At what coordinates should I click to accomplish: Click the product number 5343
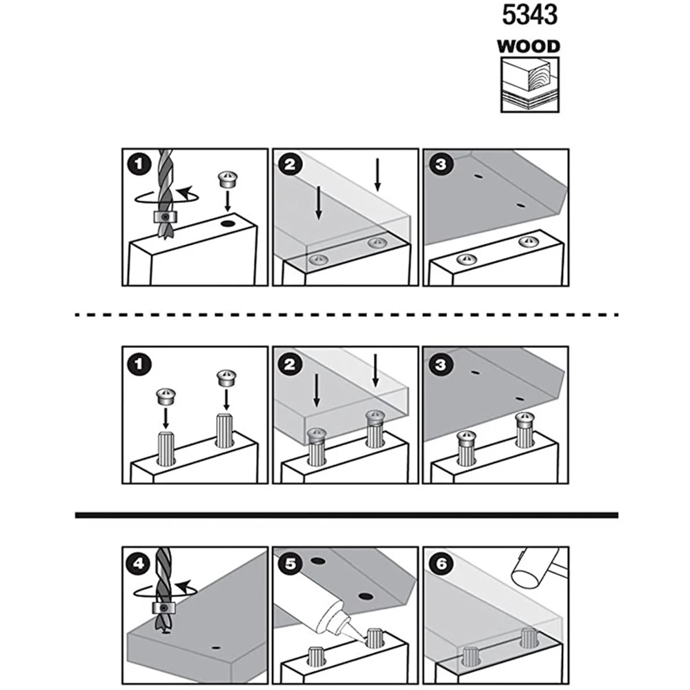click(x=528, y=16)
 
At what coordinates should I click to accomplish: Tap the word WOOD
click(x=529, y=47)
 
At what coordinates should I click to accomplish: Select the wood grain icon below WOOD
click(x=529, y=84)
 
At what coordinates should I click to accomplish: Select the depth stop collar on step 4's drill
click(x=164, y=608)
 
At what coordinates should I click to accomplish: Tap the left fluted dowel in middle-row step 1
click(x=166, y=448)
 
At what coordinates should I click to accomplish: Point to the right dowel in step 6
click(x=529, y=638)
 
